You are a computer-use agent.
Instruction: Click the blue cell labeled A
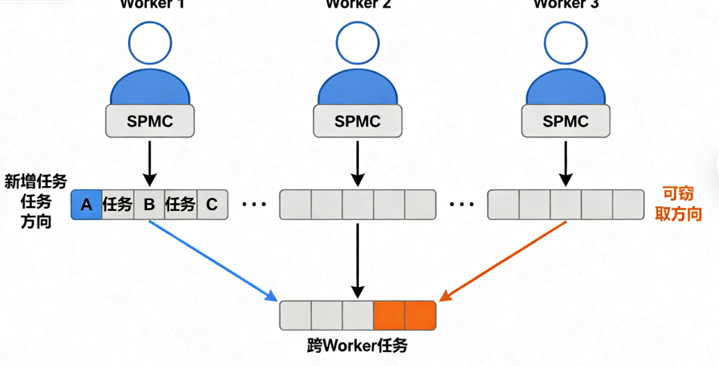87,205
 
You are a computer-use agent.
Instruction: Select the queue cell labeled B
149,205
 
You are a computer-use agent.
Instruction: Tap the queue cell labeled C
211,205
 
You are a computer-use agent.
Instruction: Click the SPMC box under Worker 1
150,121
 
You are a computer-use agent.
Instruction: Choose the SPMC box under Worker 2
357,121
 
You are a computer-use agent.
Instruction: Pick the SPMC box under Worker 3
565,121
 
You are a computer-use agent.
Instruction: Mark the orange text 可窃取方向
678,204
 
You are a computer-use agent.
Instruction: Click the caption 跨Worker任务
357,345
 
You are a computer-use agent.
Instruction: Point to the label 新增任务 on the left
35,182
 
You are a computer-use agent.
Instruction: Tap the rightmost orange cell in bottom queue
420,315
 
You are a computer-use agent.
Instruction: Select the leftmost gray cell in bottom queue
296,315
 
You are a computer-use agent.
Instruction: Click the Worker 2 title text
358,4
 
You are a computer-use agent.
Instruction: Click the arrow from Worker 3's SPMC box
565,161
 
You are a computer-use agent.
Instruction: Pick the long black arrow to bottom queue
357,256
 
